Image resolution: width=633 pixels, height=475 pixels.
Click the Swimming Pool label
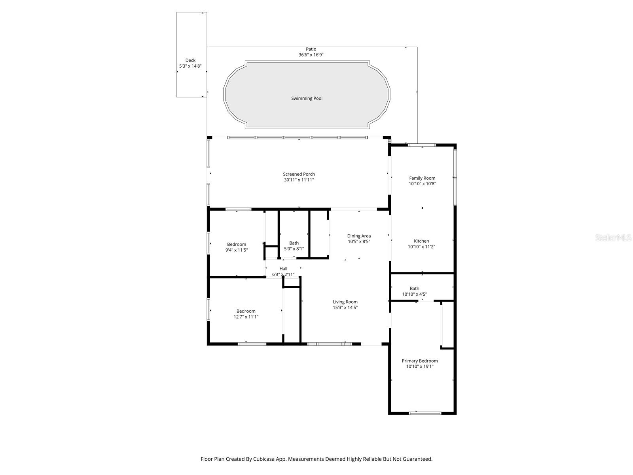307,98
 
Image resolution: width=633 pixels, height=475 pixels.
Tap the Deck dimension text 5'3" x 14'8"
190,66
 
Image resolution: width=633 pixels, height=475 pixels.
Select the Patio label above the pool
311,49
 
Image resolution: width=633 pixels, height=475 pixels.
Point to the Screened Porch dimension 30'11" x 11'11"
299,180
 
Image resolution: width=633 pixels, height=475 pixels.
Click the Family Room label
422,178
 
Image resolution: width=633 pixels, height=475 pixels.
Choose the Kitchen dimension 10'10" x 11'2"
421,247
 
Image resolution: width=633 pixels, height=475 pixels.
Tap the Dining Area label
359,236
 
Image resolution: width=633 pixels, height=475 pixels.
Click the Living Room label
345,302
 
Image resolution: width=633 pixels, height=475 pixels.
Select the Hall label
283,269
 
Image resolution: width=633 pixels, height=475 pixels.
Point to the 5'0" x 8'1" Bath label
294,243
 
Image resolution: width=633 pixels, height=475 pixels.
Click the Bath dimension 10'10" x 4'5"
414,294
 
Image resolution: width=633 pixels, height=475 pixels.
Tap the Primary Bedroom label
419,361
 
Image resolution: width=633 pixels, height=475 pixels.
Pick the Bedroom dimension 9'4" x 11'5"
237,250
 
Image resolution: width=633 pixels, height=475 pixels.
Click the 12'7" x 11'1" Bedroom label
246,311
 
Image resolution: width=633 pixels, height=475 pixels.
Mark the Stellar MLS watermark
614,237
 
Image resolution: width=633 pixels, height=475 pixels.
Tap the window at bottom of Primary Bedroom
425,413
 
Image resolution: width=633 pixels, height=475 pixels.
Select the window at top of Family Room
422,145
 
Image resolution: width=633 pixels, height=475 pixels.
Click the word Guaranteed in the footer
417,459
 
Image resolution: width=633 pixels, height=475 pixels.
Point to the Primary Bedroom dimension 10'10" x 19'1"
419,367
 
